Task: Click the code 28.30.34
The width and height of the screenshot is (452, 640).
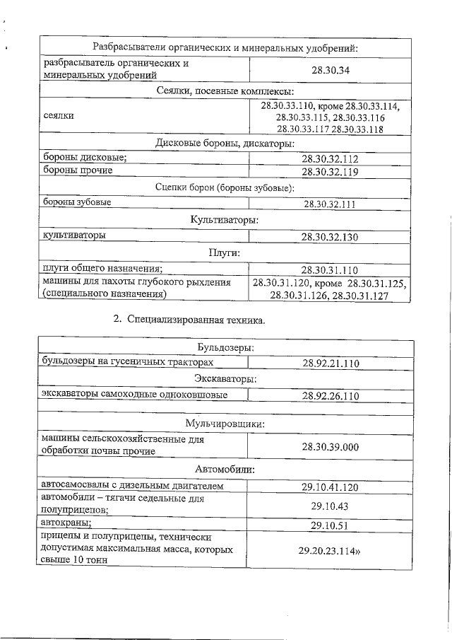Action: tap(331, 70)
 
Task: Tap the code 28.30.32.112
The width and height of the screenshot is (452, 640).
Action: tap(331, 159)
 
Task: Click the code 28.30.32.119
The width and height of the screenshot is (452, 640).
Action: tap(331, 171)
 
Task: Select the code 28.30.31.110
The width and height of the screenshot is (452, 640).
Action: tap(331, 270)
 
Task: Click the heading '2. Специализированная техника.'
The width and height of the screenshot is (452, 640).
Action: tap(189, 320)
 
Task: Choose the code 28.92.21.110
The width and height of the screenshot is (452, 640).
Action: tap(331, 363)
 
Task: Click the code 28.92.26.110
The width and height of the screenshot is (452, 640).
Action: tap(331, 395)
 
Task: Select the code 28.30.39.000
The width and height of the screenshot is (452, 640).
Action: tap(331, 447)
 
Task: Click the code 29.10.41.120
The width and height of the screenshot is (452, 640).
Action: tap(331, 487)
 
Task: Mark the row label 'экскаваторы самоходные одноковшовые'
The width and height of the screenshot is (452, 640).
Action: tap(134, 395)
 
